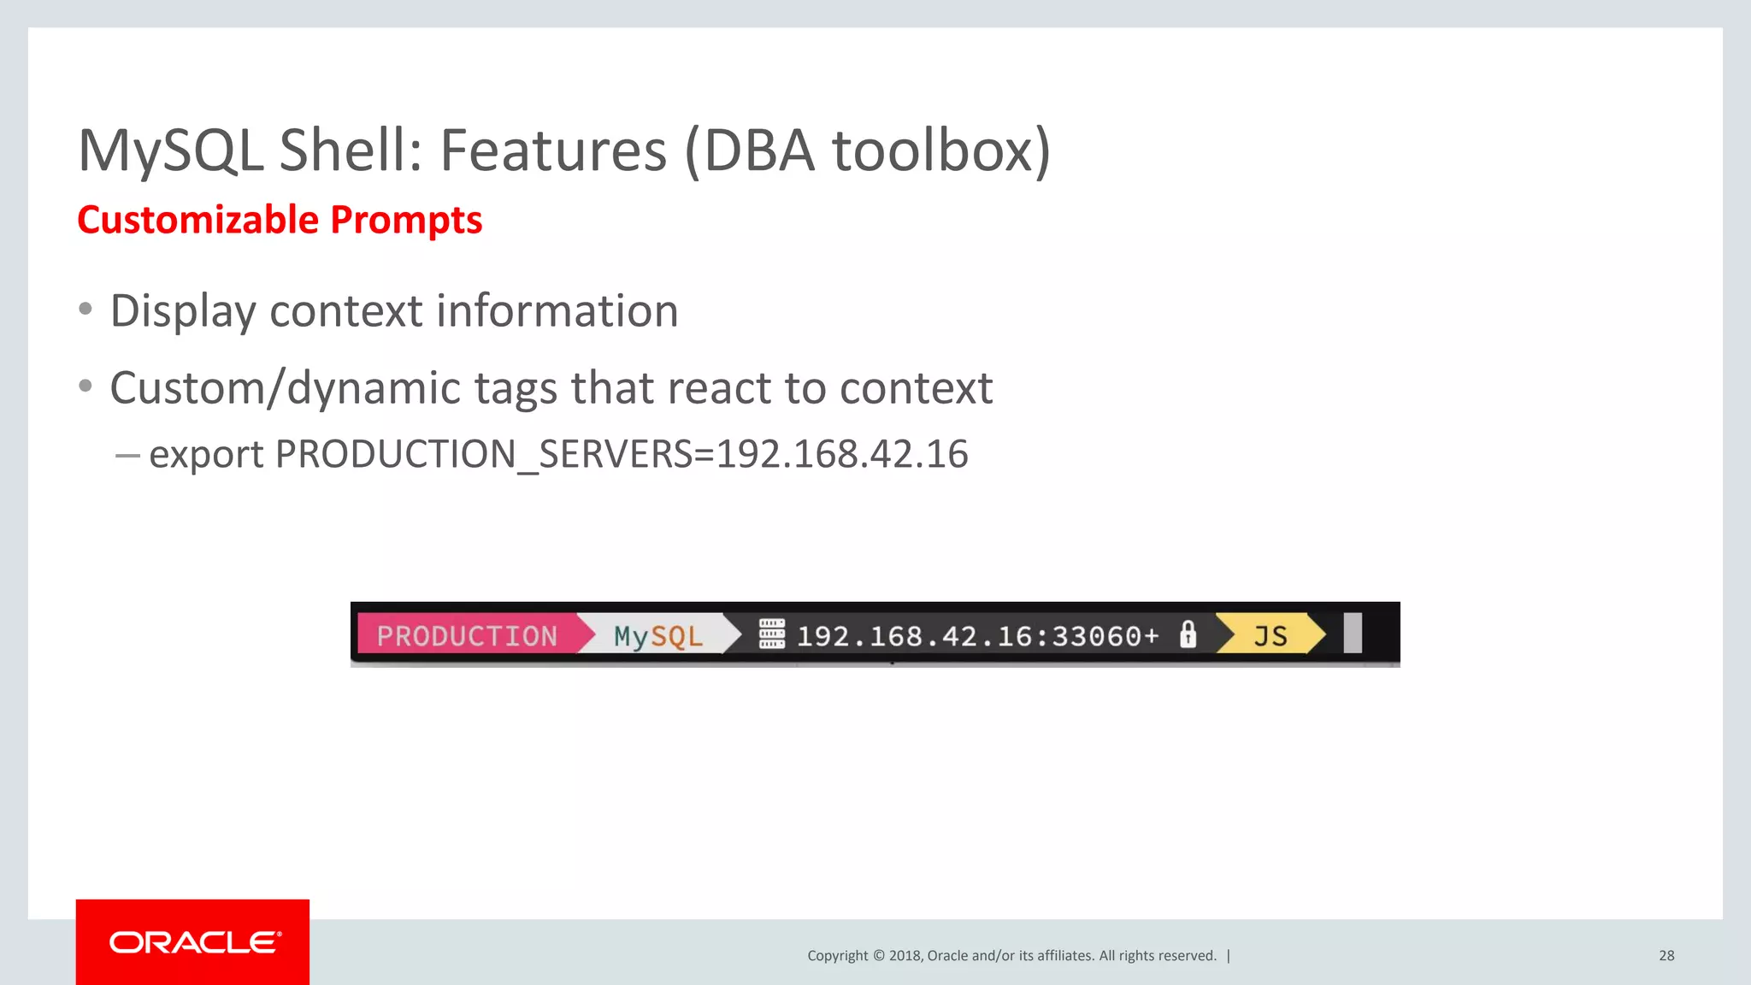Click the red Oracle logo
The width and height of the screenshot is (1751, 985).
(x=192, y=941)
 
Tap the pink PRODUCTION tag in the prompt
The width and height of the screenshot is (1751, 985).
(x=467, y=635)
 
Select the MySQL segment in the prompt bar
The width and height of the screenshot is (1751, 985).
(x=657, y=635)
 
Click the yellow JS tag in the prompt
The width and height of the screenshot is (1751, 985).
(x=1270, y=635)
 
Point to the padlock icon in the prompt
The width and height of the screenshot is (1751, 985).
(x=1188, y=634)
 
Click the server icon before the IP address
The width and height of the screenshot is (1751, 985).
(x=771, y=634)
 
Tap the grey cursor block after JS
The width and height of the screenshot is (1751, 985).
(x=1352, y=634)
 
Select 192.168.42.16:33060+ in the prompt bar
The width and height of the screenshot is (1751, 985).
(x=977, y=636)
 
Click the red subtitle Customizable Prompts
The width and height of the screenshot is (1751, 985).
(x=280, y=220)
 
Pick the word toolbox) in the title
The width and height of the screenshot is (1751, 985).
(x=941, y=150)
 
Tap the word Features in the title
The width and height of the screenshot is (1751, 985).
(x=552, y=150)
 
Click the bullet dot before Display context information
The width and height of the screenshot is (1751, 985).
(x=85, y=309)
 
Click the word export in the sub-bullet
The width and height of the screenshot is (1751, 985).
(x=206, y=454)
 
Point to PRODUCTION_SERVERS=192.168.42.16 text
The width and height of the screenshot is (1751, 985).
(x=621, y=454)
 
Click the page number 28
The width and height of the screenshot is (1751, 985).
(x=1666, y=955)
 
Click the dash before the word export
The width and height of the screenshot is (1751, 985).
(x=127, y=456)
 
